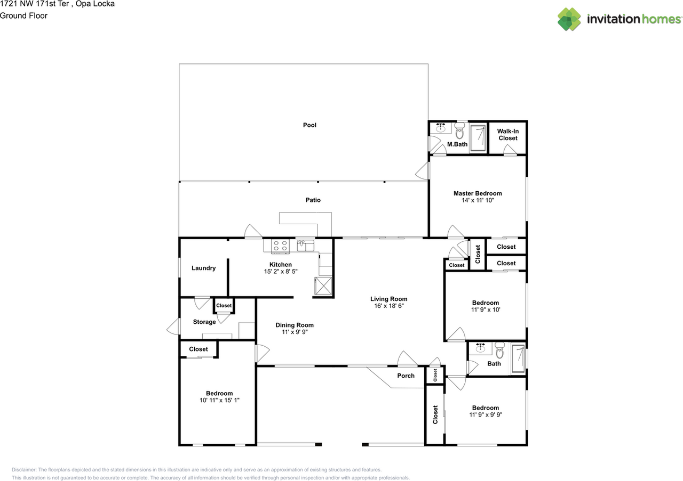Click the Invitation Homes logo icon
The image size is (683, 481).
[x=569, y=19]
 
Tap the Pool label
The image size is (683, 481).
[x=309, y=125]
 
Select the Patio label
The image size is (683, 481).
[x=313, y=200]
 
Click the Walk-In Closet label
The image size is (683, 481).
[x=507, y=135]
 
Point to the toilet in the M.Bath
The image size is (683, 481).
[x=460, y=132]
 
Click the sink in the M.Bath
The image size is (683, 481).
[x=441, y=128]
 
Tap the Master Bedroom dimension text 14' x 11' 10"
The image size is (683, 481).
[x=478, y=201]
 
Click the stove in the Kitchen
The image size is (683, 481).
[x=281, y=246]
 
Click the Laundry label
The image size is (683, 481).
[x=203, y=268]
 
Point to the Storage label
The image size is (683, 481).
[x=204, y=322]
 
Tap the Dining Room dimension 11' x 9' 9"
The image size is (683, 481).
[x=295, y=332]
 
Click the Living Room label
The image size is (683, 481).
[x=388, y=299]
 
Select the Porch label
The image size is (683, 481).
[x=406, y=376]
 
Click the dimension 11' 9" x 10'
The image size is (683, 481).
[x=485, y=309]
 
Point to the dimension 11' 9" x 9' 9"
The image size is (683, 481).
[x=485, y=414]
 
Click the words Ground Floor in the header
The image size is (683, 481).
[x=23, y=15]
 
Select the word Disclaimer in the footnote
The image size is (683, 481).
[x=23, y=470]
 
